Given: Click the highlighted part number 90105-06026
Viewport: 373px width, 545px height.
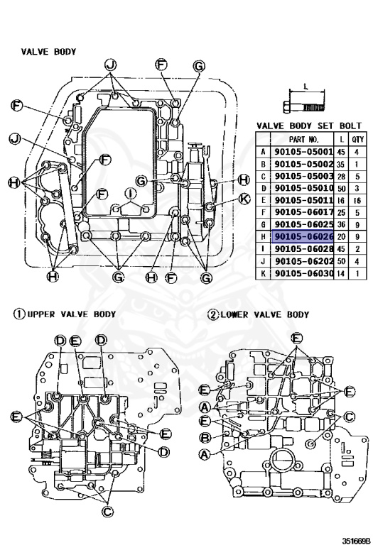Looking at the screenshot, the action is point(304,237).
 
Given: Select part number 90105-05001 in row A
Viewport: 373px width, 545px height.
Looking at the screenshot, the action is point(304,152).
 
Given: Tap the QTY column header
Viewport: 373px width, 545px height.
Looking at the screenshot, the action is point(357,139).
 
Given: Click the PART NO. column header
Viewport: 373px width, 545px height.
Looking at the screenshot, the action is point(303,139).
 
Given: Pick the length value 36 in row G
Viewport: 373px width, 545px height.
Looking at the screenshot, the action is point(341,224).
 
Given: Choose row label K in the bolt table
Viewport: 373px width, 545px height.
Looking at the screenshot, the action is point(263,273).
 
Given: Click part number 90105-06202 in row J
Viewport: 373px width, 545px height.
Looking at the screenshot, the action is point(304,261).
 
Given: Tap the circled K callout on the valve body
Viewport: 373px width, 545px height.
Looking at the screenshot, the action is point(245,199).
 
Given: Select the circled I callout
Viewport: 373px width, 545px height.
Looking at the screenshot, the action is point(131,193).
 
